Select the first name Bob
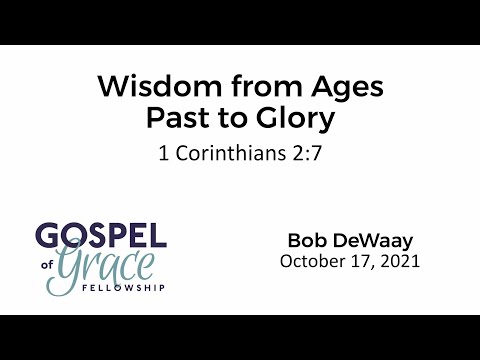(x=306, y=241)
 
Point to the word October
(x=314, y=262)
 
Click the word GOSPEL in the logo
(x=101, y=237)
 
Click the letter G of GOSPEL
(x=49, y=237)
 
